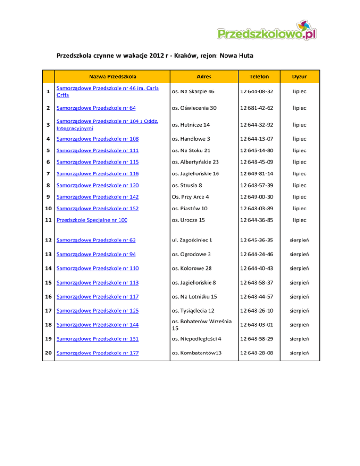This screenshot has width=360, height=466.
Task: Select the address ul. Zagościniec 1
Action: pyautogui.click(x=193, y=241)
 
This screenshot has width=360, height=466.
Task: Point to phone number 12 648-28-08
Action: pyautogui.click(x=259, y=353)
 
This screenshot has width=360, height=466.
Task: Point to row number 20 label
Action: pyautogui.click(x=48, y=353)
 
